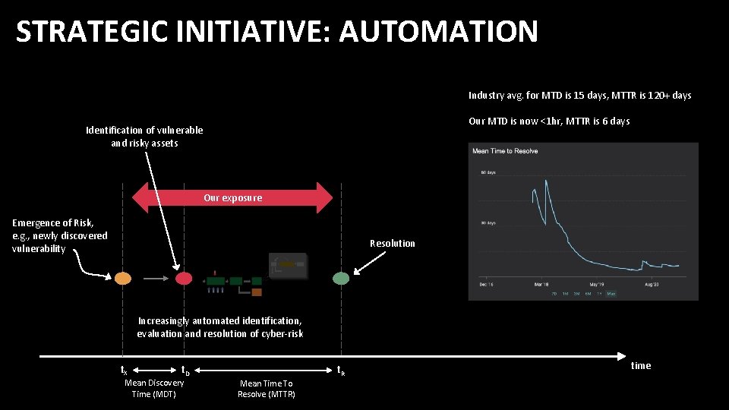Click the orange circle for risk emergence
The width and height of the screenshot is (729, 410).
click(x=123, y=278)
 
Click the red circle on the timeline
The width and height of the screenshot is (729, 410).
click(x=184, y=278)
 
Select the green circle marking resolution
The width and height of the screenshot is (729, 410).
click(x=341, y=278)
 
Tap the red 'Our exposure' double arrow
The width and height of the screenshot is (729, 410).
click(x=232, y=197)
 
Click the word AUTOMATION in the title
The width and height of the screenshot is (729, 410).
click(x=439, y=32)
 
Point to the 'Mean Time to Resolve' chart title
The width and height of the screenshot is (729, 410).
click(x=505, y=151)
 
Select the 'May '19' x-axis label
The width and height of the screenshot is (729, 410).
click(x=595, y=284)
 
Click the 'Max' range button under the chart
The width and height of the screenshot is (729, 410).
click(x=611, y=293)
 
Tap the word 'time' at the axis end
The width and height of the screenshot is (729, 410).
click(x=641, y=366)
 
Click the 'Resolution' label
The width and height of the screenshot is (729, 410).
click(x=392, y=243)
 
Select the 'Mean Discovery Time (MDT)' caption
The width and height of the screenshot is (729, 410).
click(x=154, y=388)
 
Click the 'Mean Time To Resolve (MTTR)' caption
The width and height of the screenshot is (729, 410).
click(x=266, y=389)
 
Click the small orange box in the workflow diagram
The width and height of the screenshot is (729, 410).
click(x=257, y=292)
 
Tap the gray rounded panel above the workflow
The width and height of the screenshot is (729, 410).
click(x=289, y=265)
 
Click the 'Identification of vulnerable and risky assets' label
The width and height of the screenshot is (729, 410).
click(x=144, y=137)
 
